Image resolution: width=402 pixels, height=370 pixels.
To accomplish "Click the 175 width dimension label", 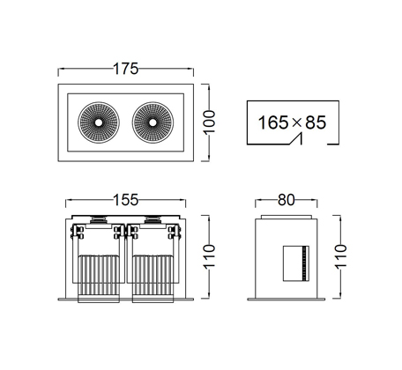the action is [125, 69].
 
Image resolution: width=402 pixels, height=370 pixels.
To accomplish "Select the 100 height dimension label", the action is [209, 122].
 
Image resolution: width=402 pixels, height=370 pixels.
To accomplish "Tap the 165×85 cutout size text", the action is [292, 122].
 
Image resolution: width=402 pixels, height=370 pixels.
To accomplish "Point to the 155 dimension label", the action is [125, 200].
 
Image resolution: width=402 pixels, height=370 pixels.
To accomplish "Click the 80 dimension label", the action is [286, 200].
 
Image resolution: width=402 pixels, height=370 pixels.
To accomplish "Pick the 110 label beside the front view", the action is [209, 255].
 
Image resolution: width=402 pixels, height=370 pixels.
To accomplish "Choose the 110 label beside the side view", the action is [340, 255].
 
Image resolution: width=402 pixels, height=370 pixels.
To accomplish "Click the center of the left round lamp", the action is [99, 122].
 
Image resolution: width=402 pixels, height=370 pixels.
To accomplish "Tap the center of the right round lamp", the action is [153, 122].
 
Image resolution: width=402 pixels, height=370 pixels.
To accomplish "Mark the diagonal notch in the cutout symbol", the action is [296, 138].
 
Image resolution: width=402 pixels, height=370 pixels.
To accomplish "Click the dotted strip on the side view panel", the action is [305, 263].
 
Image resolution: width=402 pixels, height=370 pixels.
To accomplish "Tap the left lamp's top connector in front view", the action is [99, 220].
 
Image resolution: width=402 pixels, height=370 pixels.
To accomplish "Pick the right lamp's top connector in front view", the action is [152, 220].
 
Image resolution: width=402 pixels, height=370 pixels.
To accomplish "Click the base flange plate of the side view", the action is [287, 300].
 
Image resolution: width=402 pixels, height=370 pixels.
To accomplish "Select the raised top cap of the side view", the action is [286, 217].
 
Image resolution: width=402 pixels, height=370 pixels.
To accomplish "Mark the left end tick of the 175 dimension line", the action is [58, 71].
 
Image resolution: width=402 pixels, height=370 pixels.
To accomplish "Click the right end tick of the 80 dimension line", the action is [317, 203].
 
